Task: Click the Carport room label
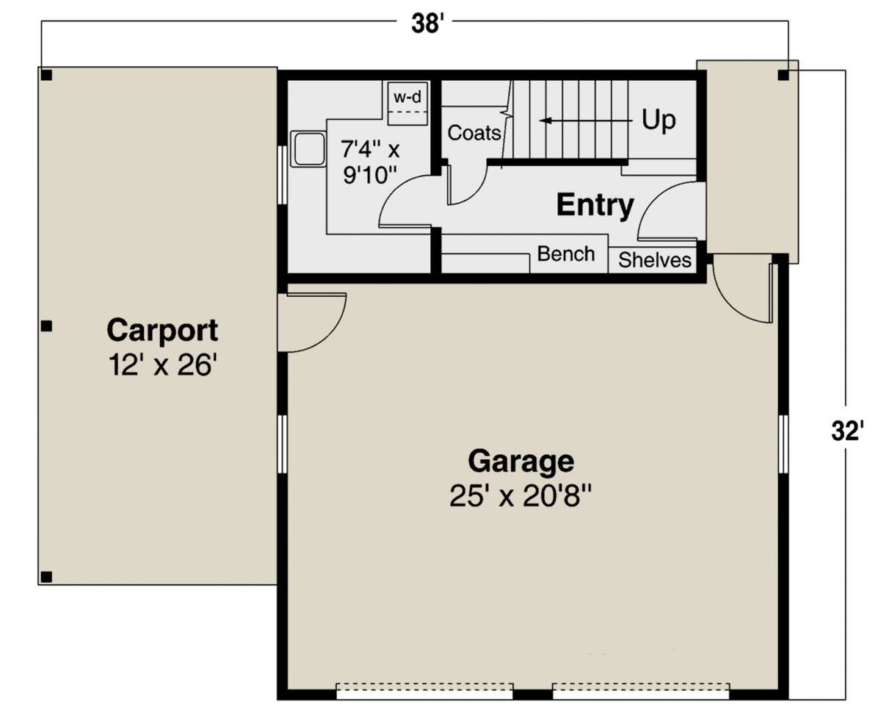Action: (x=162, y=331)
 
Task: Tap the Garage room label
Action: (x=521, y=461)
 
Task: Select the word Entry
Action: (x=595, y=205)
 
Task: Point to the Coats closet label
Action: (x=474, y=133)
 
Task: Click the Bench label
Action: (x=566, y=254)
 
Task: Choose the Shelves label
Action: (x=655, y=260)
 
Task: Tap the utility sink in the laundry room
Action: (x=308, y=150)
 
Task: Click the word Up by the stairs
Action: (x=659, y=120)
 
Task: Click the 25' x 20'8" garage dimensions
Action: (x=521, y=497)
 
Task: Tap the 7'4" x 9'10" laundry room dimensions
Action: (x=370, y=162)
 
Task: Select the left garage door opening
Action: (x=424, y=691)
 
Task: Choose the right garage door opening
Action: (x=641, y=691)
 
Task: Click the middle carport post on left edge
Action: (x=46, y=326)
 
